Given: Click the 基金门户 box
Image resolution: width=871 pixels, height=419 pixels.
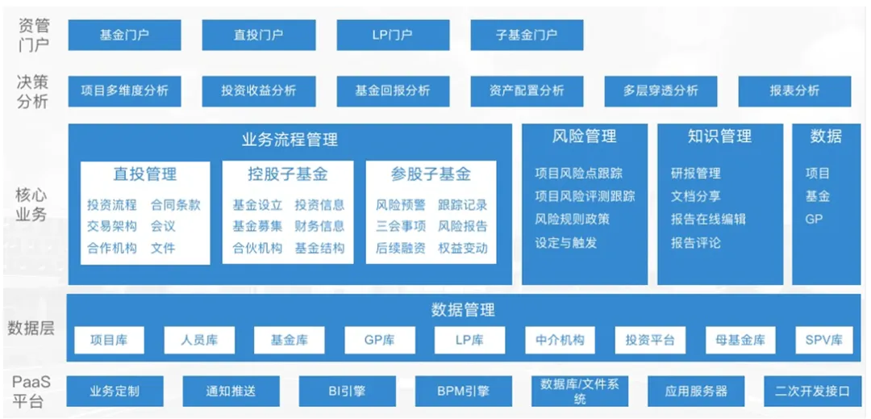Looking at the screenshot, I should (124, 36).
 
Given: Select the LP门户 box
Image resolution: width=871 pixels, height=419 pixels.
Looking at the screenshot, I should (392, 36).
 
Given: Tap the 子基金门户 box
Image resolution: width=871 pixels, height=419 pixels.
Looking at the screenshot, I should (526, 36).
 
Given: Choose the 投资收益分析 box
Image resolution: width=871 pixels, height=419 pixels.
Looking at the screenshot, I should (258, 91).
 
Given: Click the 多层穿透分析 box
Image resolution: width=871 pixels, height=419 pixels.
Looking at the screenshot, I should (661, 91).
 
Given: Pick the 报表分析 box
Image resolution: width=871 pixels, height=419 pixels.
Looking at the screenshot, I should (794, 91).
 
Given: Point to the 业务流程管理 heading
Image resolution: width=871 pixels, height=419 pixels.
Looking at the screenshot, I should (290, 139).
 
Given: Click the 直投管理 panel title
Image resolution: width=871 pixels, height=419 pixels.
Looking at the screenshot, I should (145, 174).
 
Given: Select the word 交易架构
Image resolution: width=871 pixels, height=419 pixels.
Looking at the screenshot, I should (112, 227).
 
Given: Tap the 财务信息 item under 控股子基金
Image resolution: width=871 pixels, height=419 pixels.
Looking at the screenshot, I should (319, 227).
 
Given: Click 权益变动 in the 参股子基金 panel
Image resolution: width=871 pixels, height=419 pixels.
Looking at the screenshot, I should (463, 249).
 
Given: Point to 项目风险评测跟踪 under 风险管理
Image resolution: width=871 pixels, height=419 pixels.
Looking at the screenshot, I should (585, 196).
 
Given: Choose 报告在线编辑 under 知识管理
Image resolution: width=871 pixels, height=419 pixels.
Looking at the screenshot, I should (708, 220).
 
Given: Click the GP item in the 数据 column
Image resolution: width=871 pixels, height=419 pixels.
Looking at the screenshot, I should (814, 219).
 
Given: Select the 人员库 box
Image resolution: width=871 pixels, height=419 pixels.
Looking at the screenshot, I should (199, 340).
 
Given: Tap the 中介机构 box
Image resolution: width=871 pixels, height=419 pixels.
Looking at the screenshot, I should (560, 340).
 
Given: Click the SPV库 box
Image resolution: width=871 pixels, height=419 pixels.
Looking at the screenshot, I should (823, 340).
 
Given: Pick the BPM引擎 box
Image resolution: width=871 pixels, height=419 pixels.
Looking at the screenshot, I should (463, 392).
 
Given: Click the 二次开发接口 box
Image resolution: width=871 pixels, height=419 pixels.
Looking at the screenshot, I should (812, 392).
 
